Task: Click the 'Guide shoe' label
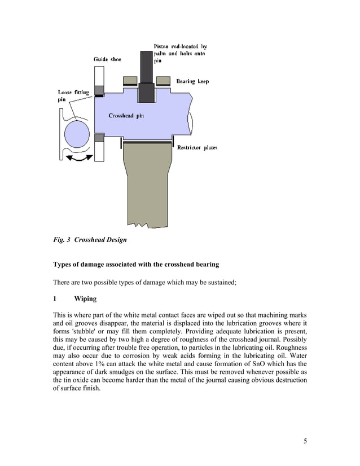pyautogui.click(x=107, y=59)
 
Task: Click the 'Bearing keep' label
pyautogui.click(x=192, y=81)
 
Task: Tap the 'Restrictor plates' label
pyautogui.click(x=197, y=148)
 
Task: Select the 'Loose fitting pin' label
pyautogui.click(x=69, y=95)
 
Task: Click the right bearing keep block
pyautogui.click(x=164, y=79)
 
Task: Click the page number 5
pyautogui.click(x=305, y=441)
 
